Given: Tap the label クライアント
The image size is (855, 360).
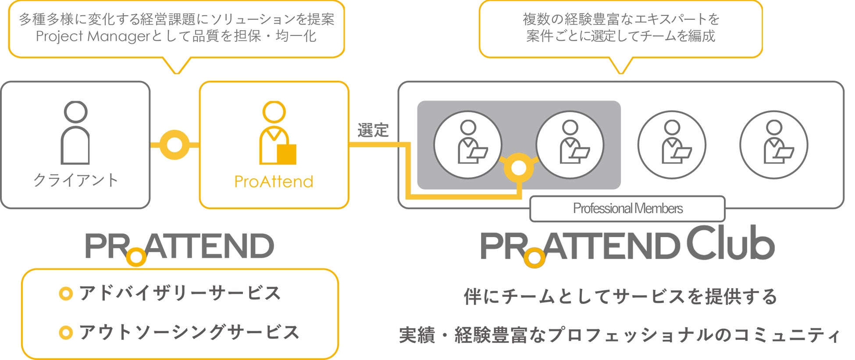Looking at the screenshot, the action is (76, 180).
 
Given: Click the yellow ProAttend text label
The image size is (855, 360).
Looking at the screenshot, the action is (274, 182).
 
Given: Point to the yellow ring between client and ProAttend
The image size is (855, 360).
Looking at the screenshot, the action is (175, 145).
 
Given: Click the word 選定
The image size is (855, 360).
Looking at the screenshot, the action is (373, 130).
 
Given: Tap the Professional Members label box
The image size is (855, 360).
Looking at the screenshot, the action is (627, 209).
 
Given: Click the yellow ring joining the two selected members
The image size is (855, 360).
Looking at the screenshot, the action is (519, 168).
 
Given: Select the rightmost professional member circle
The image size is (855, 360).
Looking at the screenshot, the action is (774, 145).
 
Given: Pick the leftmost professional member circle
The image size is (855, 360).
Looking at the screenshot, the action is (468, 145).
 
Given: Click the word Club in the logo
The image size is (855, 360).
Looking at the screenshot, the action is (730, 243).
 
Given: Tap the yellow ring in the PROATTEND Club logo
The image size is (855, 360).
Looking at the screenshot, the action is (534, 257).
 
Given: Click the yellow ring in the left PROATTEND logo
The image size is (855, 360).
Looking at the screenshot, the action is (136, 257).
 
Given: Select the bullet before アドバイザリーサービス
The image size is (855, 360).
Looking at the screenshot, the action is (65, 293).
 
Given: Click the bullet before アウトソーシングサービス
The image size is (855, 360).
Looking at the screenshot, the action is (65, 333).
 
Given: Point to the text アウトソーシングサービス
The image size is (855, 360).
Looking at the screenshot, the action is (189, 332).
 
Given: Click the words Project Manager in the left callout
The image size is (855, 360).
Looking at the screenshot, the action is (93, 36).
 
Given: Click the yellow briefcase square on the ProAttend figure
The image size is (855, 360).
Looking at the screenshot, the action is (287, 154).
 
